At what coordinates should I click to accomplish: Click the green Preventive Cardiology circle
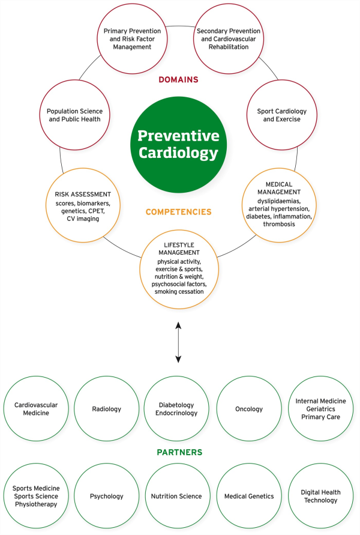click(x=178, y=145)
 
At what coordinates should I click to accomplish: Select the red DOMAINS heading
click(x=178, y=79)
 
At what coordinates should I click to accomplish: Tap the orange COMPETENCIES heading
click(x=178, y=212)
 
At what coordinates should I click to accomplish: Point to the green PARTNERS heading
click(x=179, y=452)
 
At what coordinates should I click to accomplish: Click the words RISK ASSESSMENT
click(x=83, y=195)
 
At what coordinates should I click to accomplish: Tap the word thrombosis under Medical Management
click(x=279, y=224)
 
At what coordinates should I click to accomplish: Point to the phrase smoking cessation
click(x=179, y=292)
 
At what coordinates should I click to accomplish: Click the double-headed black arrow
click(x=178, y=342)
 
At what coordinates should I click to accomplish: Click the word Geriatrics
click(x=320, y=409)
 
